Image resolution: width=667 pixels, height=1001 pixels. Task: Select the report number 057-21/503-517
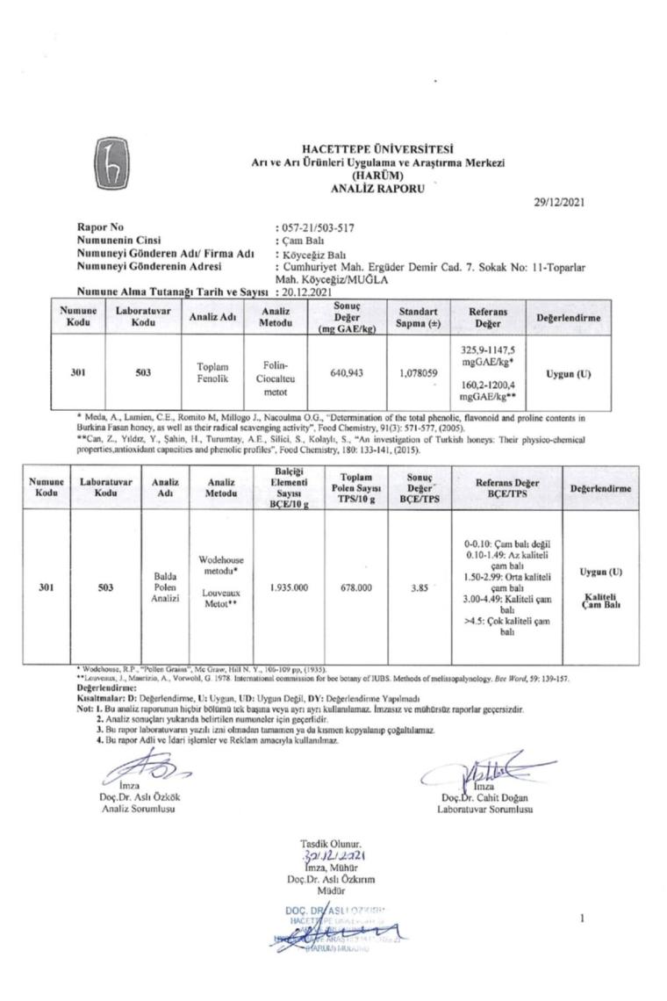pos(317,227)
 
